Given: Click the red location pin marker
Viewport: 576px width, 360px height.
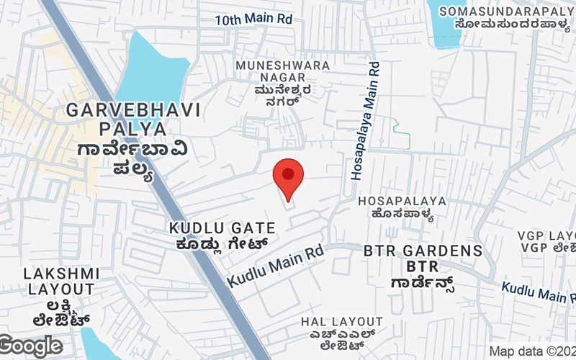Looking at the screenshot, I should click(289, 178).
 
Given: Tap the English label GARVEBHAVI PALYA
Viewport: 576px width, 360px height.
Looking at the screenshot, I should click(133, 120).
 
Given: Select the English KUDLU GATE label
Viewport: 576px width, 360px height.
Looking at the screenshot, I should click(222, 228).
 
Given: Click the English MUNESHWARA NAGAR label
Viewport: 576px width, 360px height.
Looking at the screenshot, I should click(283, 72).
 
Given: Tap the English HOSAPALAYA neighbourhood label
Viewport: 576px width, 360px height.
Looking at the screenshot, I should click(402, 201).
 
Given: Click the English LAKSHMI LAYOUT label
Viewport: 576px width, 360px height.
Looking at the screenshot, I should click(61, 282).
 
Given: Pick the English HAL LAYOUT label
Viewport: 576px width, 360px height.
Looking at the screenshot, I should click(342, 321).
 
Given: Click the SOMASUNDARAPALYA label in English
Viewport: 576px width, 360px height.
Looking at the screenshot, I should click(507, 11).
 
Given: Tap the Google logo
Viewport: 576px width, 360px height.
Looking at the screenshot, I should click(30, 346).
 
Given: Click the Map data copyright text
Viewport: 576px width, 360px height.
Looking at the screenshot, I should click(531, 351).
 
